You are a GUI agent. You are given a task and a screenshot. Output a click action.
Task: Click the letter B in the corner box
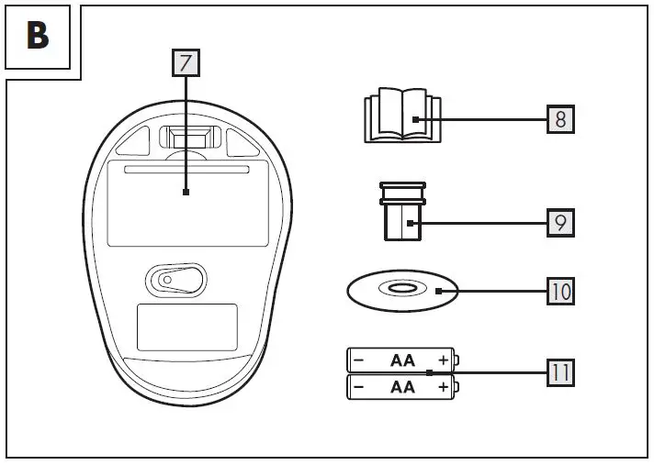coord(39,37)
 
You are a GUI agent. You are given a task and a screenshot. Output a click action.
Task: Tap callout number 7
coord(186,62)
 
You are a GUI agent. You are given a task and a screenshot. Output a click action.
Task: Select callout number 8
coord(560,119)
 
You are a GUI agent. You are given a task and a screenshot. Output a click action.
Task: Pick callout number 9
coord(560,223)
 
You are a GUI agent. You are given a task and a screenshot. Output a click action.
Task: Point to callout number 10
coord(560,292)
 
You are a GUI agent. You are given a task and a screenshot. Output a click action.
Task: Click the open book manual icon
coord(401,117)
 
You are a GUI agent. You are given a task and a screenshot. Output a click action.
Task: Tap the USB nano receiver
coord(401,212)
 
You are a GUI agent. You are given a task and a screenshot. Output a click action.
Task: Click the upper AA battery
coord(401,360)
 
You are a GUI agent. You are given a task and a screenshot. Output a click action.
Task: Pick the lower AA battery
coord(401,387)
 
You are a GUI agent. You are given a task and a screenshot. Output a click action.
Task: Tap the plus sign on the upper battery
coord(444,360)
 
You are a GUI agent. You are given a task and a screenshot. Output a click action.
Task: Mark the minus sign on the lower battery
coord(358,387)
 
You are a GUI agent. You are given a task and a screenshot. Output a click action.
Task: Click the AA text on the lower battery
coord(402,387)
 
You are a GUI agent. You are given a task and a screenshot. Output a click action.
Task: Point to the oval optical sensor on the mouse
coord(175,279)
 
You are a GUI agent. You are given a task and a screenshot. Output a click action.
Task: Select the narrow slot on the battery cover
coord(186,172)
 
